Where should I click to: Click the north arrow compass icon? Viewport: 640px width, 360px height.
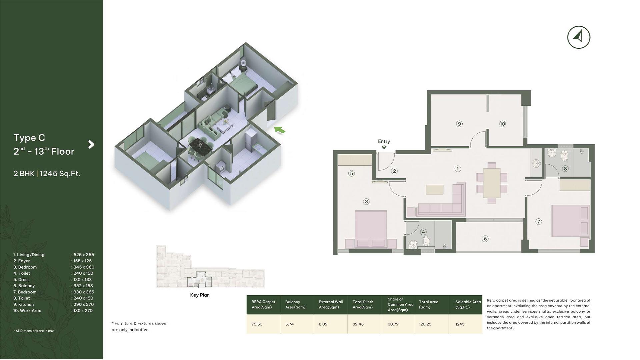[x=579, y=37]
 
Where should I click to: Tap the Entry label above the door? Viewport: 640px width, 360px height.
[x=384, y=141]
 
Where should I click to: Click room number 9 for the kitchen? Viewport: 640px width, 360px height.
[x=459, y=124]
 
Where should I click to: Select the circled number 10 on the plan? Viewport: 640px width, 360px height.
[x=502, y=124]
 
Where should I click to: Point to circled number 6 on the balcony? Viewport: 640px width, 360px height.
[x=485, y=239]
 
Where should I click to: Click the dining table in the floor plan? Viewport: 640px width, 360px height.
[x=492, y=183]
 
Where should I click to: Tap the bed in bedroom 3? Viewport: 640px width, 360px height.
[x=371, y=229]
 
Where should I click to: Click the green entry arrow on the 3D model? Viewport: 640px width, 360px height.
[x=280, y=130]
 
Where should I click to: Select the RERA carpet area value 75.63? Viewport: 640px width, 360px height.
[x=257, y=324]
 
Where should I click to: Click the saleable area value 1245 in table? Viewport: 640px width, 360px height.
[x=460, y=324]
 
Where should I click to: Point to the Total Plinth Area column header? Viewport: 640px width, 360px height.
[x=363, y=305]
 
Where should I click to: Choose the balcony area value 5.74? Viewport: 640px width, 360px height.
[x=289, y=324]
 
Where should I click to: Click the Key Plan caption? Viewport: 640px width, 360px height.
[x=200, y=295]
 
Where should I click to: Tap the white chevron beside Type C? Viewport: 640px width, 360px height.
[x=91, y=144]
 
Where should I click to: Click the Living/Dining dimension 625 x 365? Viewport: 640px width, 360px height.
[x=84, y=255]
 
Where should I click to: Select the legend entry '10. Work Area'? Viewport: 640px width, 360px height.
[x=27, y=311]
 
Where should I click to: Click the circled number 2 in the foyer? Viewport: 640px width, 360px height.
[x=394, y=171]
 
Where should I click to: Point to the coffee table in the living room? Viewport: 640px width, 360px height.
[x=435, y=189]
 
